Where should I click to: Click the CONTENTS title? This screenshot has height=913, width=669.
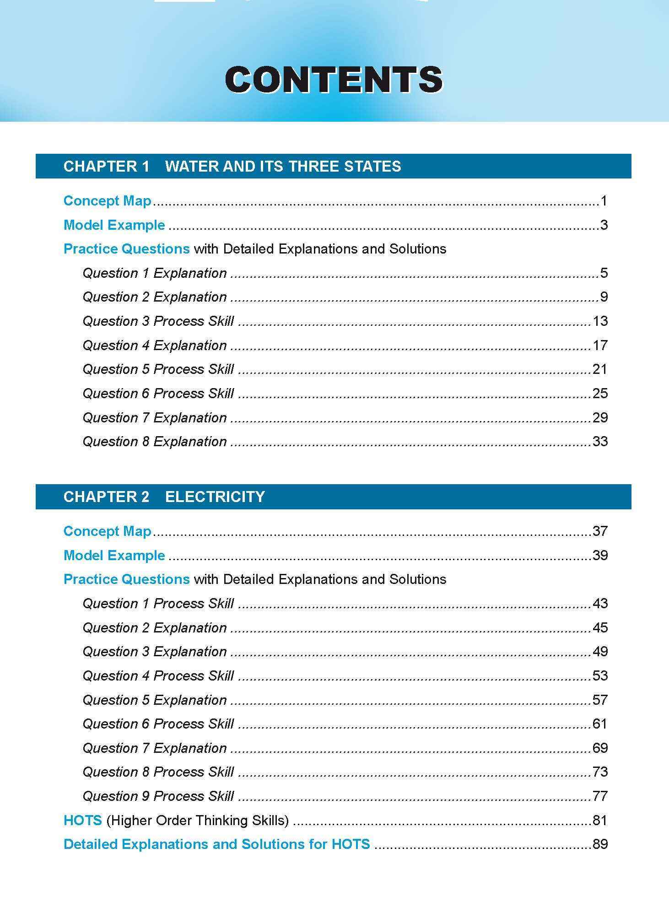point(334,80)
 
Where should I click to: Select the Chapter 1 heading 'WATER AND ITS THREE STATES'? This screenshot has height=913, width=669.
point(283,166)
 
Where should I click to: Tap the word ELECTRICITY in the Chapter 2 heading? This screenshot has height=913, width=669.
point(215,497)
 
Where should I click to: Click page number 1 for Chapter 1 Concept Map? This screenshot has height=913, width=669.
point(604,201)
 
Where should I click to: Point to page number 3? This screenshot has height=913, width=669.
point(604,225)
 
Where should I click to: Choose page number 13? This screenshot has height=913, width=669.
point(600,321)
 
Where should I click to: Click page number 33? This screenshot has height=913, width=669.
point(600,442)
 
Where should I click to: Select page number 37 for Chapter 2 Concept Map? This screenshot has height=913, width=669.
point(600,531)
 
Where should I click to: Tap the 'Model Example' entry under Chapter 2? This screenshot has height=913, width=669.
point(114,556)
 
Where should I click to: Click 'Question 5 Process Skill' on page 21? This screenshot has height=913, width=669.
point(158,369)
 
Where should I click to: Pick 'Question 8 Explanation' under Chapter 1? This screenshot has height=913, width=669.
point(154,442)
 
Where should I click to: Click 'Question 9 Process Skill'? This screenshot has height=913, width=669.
point(158,796)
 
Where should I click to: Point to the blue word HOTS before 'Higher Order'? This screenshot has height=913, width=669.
point(82,821)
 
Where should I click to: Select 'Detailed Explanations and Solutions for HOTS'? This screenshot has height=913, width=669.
point(216,844)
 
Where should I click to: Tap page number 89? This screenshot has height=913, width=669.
point(600,844)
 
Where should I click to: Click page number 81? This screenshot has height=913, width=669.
point(600,821)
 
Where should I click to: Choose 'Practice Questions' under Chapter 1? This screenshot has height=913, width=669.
point(126,249)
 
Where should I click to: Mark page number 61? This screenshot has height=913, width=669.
point(600,724)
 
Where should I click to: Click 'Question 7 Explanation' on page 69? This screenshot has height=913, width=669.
point(154,748)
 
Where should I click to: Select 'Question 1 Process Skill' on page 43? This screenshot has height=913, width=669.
point(158,604)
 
